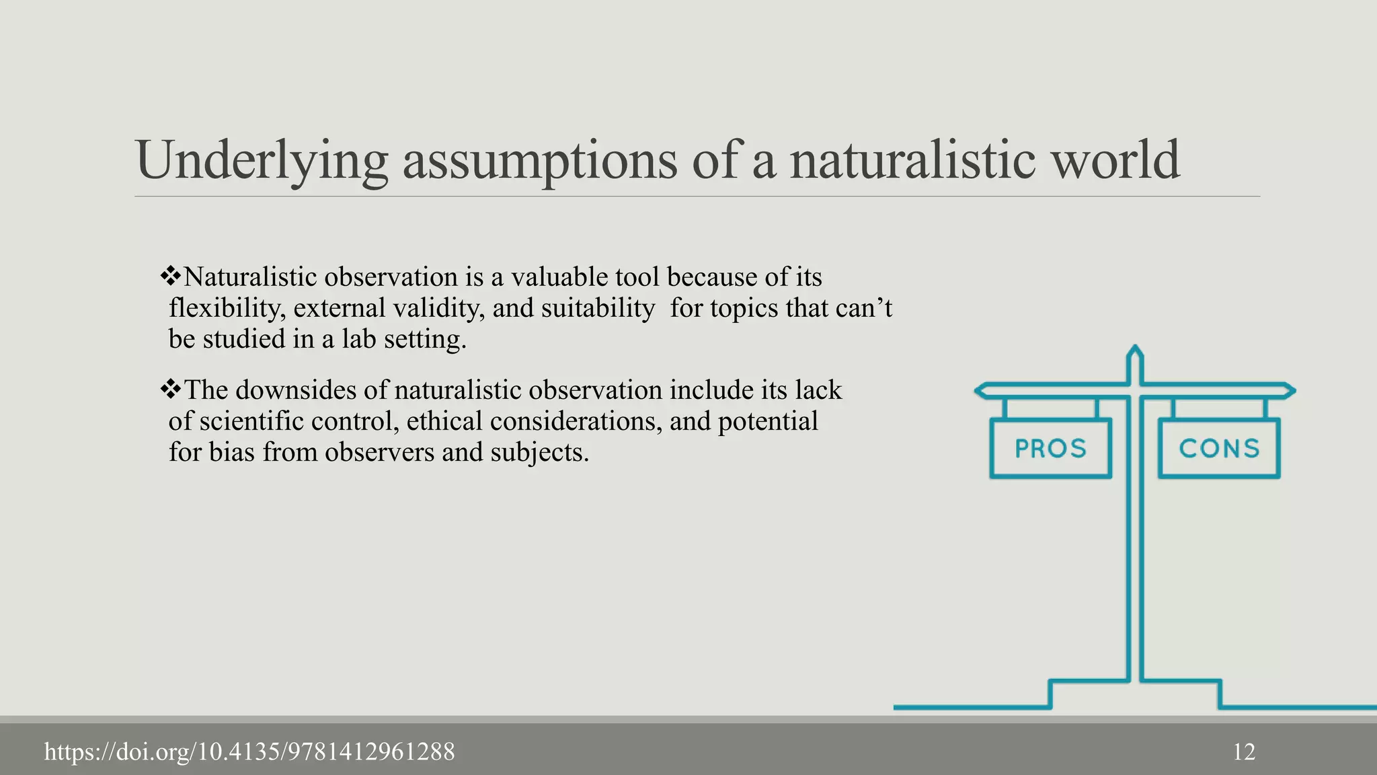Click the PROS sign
(x=1050, y=448)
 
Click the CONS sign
(x=1219, y=448)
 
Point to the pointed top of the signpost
(x=1135, y=351)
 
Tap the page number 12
(x=1244, y=751)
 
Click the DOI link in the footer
(x=249, y=751)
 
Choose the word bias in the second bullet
(x=231, y=452)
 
